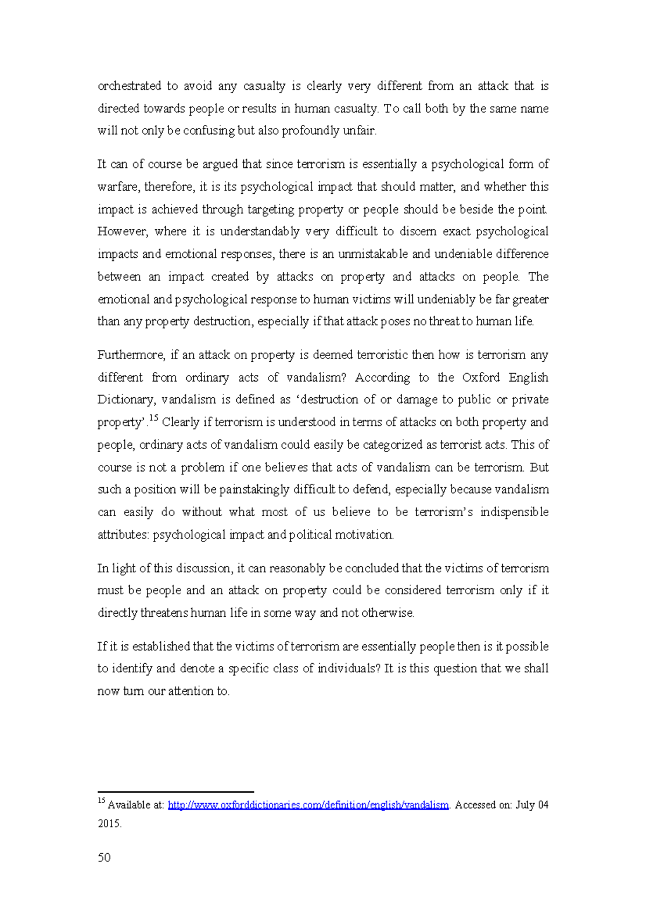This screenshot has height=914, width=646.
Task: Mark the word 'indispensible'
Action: (x=514, y=512)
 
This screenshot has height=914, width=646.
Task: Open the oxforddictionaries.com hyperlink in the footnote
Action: (x=308, y=805)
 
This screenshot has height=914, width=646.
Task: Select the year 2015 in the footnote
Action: (x=109, y=824)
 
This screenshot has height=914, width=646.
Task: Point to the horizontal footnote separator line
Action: (x=175, y=792)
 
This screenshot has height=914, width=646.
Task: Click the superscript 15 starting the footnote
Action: (x=101, y=801)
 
